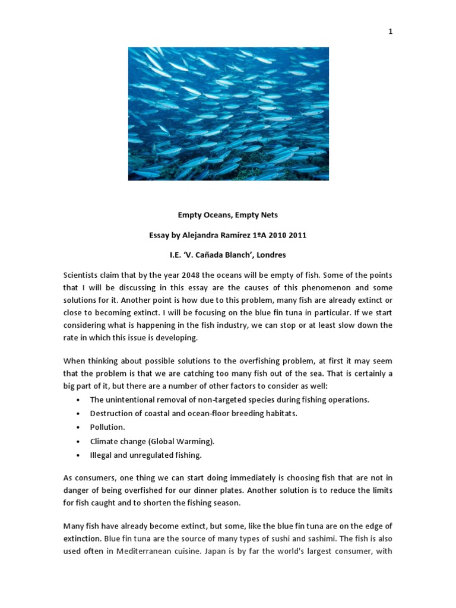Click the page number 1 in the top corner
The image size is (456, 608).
click(390, 32)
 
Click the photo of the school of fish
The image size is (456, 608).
click(228, 113)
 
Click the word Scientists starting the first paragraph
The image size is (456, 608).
click(83, 275)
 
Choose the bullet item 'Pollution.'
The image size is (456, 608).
click(107, 427)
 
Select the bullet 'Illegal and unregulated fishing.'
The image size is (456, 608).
click(146, 455)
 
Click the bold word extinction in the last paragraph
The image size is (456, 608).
click(82, 539)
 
